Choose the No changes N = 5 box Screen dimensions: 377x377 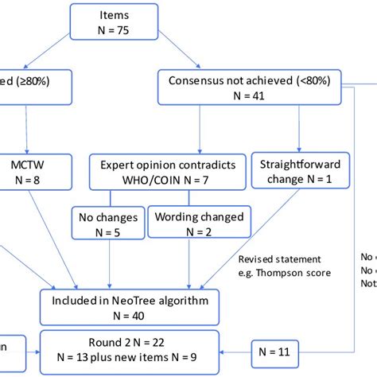[x=110, y=223]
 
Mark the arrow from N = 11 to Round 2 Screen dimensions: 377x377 [x=238, y=348]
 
